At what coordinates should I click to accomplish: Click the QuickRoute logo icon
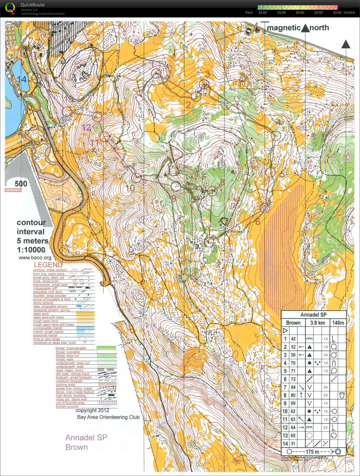coord(10,8)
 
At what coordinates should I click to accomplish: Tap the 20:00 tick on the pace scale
coord(300,12)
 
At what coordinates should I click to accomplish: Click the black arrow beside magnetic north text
coord(305,28)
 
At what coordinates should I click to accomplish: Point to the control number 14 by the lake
coord(22,79)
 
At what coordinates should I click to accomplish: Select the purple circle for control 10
coord(137,178)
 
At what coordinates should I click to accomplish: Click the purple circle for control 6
coord(265,208)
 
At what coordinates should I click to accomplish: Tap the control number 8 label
coord(222,182)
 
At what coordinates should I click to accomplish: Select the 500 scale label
coord(21,184)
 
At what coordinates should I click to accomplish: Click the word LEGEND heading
coord(48,265)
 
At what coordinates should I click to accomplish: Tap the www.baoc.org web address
coord(35,257)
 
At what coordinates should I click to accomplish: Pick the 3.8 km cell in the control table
coord(317,323)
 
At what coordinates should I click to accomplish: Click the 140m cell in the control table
coord(338,323)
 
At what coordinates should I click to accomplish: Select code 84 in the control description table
coord(293,387)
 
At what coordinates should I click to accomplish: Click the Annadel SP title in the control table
coord(313,315)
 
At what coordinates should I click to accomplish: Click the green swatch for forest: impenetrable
coord(106,348)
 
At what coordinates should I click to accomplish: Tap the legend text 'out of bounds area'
coord(70,403)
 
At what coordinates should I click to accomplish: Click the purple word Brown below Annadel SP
coord(77,447)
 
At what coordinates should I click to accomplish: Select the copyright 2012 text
coord(92,410)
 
